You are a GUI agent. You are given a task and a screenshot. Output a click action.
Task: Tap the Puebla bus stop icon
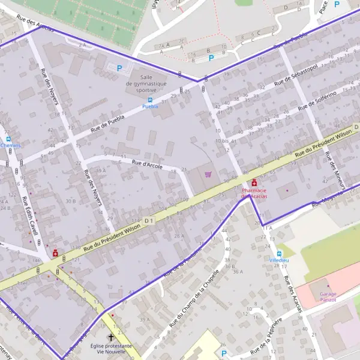click(x=150, y=100)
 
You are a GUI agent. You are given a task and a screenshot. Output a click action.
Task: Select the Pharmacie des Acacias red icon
click(x=254, y=182)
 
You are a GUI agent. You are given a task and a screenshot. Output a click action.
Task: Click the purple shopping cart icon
click(x=208, y=174)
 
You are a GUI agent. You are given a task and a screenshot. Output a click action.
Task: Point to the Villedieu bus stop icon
click(x=278, y=253)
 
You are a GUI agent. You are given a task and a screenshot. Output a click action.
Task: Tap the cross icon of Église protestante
click(x=110, y=338)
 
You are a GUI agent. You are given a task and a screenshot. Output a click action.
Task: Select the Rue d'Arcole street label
click(x=147, y=164)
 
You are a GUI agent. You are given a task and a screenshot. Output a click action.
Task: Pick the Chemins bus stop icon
click(x=8, y=139)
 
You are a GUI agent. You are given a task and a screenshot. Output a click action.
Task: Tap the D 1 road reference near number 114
click(x=149, y=221)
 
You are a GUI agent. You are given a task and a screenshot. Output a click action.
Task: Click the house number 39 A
click(x=145, y=320)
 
